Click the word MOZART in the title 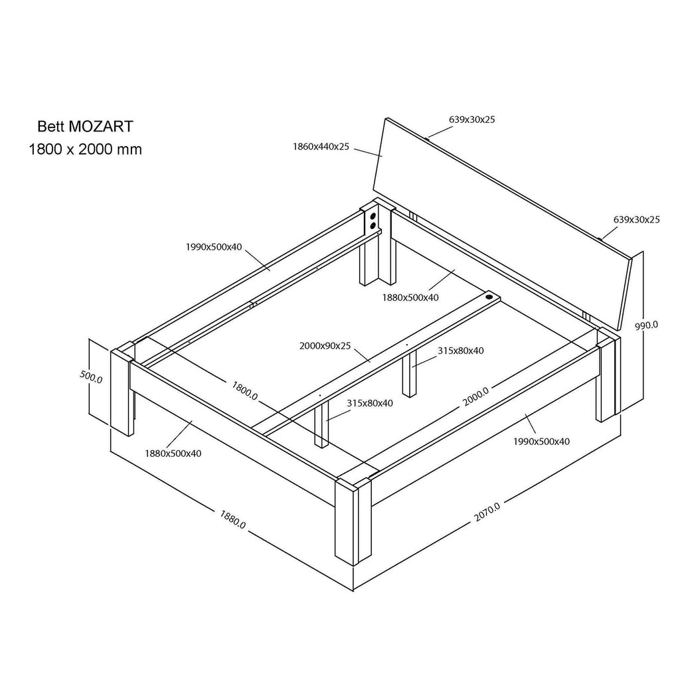coord(101,126)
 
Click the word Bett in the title coord(50,126)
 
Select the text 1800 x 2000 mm coord(85,149)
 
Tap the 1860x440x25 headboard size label coord(321,147)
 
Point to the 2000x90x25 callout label coord(325,346)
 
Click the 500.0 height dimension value coord(91,377)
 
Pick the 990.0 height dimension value coord(646,325)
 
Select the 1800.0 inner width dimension coord(244,390)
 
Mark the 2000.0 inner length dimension coord(475,396)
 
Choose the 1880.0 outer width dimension coord(232,519)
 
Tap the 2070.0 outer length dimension coord(487,512)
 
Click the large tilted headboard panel coord(503,223)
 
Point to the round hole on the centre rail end coord(489,297)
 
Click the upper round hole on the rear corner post coord(373,216)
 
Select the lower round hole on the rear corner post coord(372,226)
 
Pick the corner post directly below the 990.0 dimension coord(608,375)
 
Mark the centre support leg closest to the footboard coord(321,424)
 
